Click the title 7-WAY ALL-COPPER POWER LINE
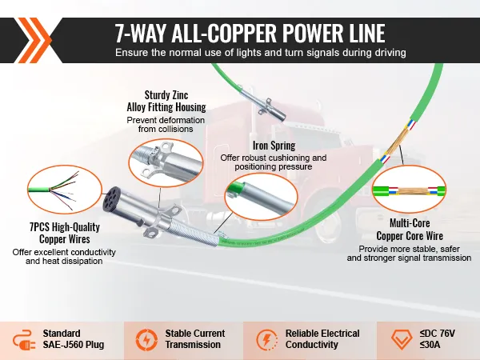(250, 34)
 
